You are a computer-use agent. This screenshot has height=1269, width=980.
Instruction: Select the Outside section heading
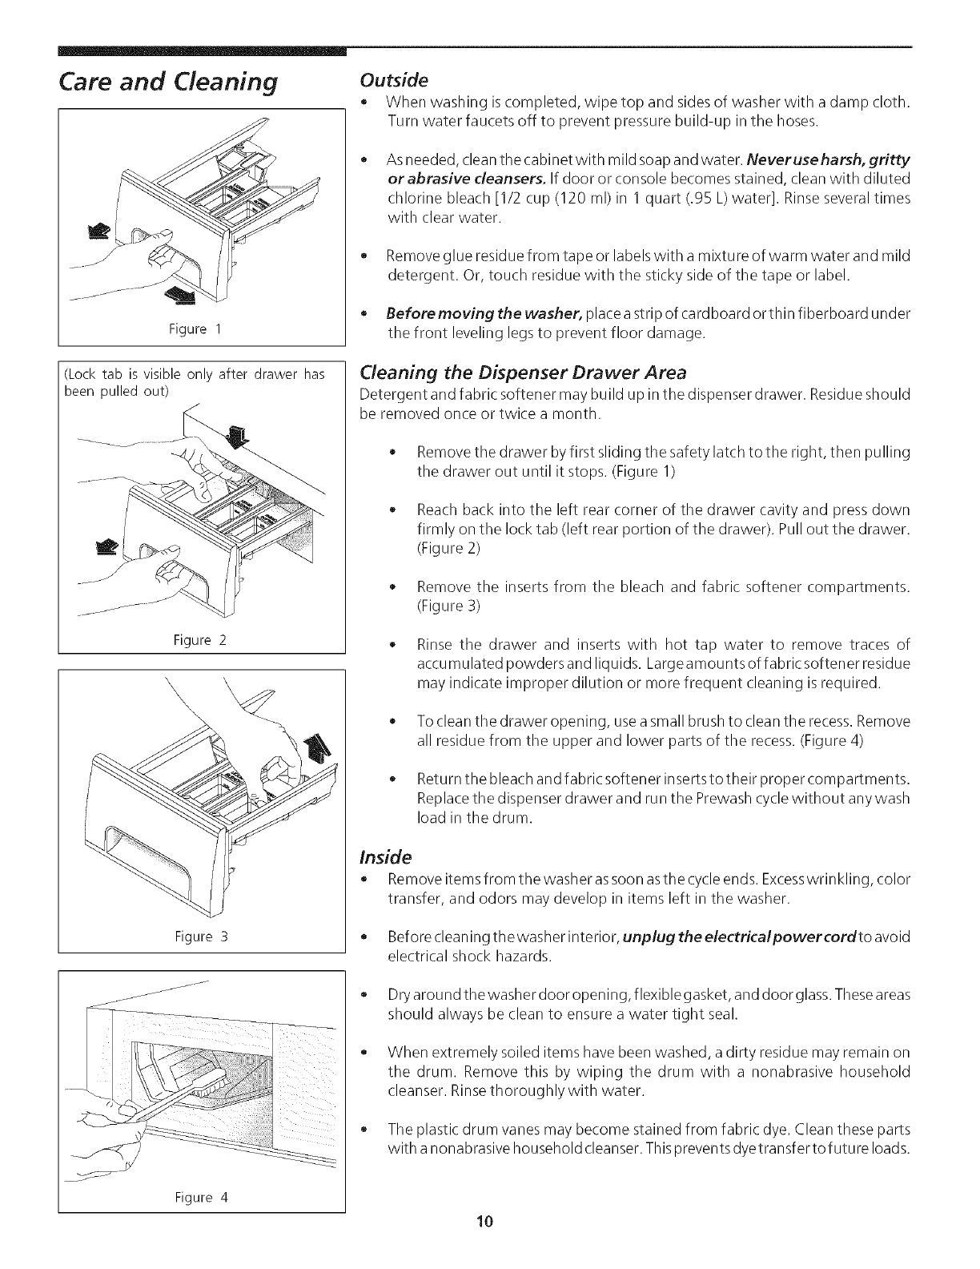coord(395,81)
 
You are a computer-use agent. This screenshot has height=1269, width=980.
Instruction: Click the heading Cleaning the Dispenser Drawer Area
coord(524,373)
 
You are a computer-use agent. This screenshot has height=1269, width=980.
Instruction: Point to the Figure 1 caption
coord(200,329)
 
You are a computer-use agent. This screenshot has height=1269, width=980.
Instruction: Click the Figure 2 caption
coord(200,640)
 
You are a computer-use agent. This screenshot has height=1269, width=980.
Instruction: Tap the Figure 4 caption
coord(201,1220)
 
